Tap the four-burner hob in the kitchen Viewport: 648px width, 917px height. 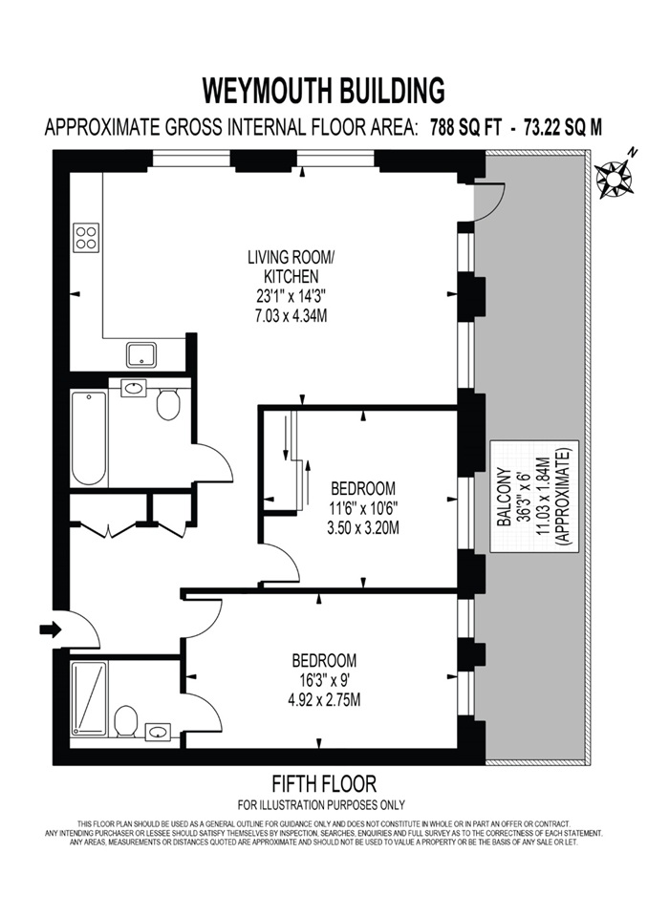coord(86,236)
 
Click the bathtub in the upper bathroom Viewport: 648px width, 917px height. coord(89,437)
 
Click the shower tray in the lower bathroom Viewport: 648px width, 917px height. coord(89,698)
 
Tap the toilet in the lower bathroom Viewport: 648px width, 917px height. coord(125,721)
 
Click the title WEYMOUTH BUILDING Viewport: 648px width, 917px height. coord(323,90)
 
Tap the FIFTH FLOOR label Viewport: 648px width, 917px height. coord(323,784)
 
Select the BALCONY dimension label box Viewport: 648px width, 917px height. coord(532,506)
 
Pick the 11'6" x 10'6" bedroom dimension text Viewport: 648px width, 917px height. coord(362,508)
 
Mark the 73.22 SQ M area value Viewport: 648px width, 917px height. coord(563,127)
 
